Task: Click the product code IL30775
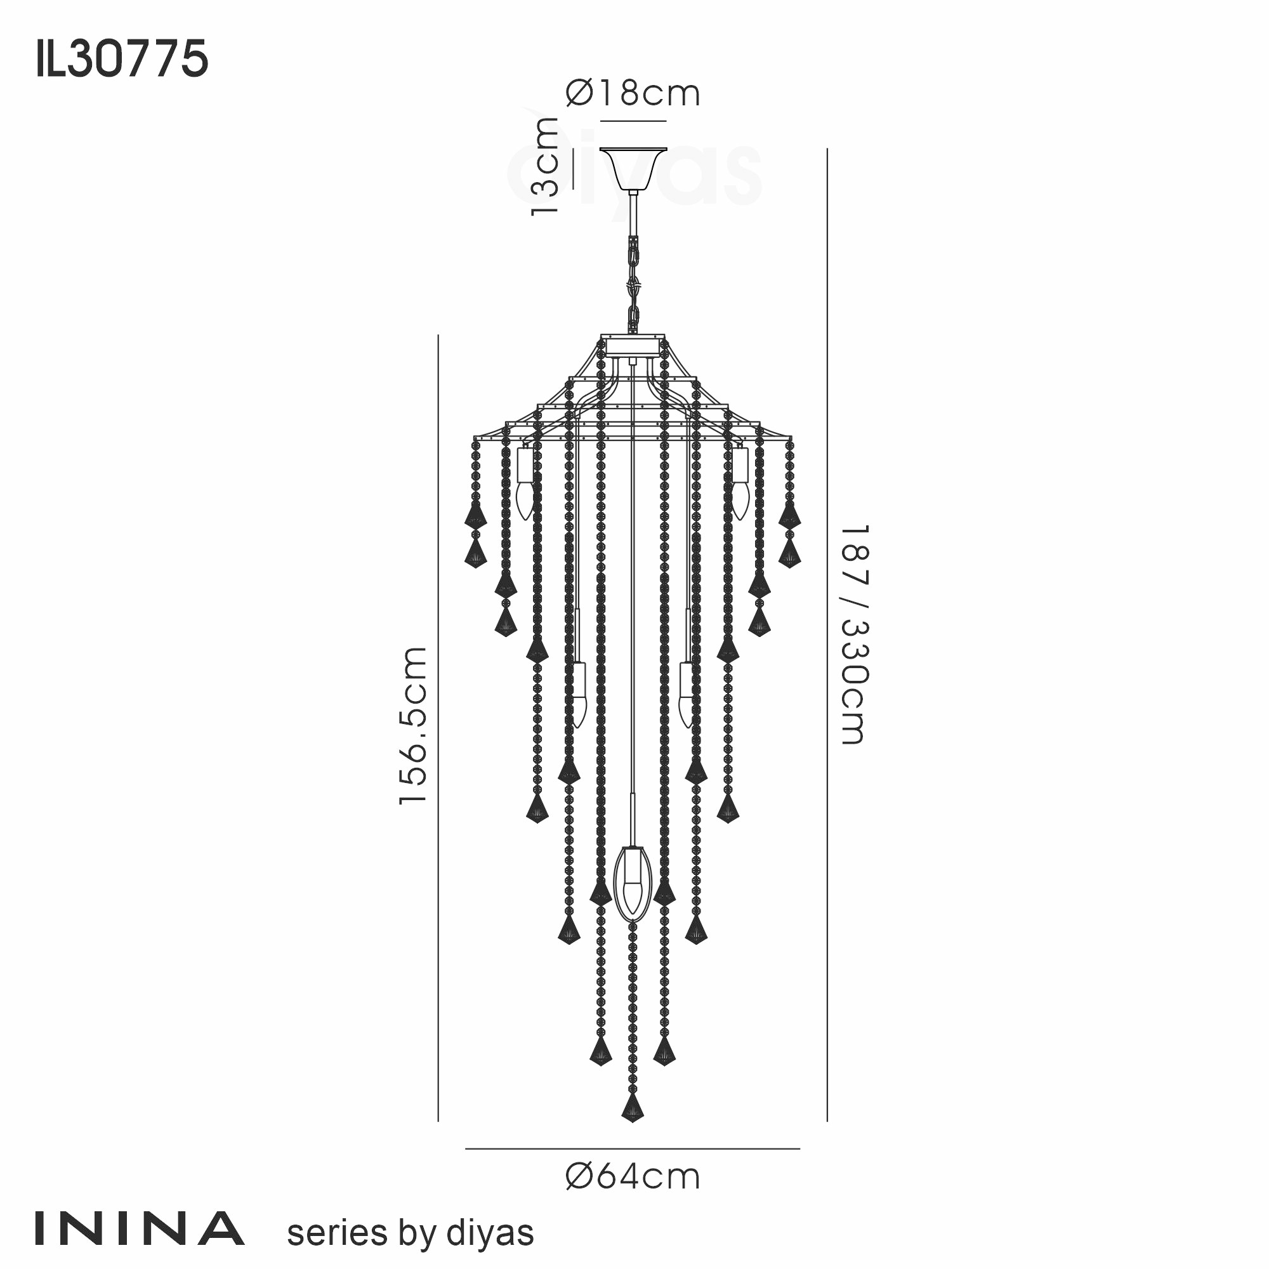click(x=122, y=60)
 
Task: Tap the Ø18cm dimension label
click(x=633, y=93)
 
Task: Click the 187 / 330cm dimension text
click(x=855, y=634)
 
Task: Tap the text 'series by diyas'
click(x=411, y=1233)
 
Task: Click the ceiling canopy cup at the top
click(x=633, y=168)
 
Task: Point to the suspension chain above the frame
click(x=633, y=282)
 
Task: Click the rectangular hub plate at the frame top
click(x=633, y=346)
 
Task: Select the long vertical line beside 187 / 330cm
click(x=827, y=634)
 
